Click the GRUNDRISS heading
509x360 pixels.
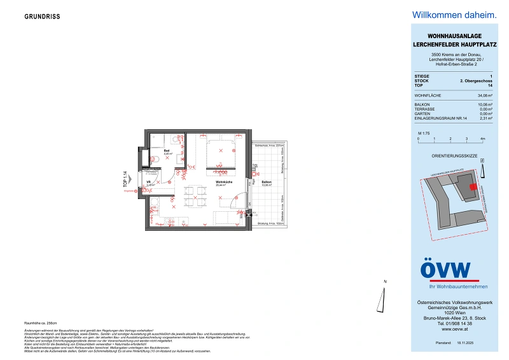coord(43,17)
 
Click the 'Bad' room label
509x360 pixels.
coord(166,151)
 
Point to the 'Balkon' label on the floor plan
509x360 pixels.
coord(267,183)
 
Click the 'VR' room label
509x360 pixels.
coord(149,182)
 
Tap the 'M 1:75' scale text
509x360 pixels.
coord(425,132)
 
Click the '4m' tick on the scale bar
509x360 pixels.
coord(483,138)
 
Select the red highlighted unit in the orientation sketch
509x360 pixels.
coord(472,186)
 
